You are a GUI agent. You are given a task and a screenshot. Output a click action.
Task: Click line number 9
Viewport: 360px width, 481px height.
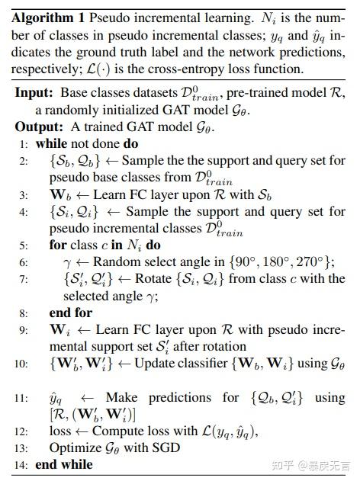coord(24,329)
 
